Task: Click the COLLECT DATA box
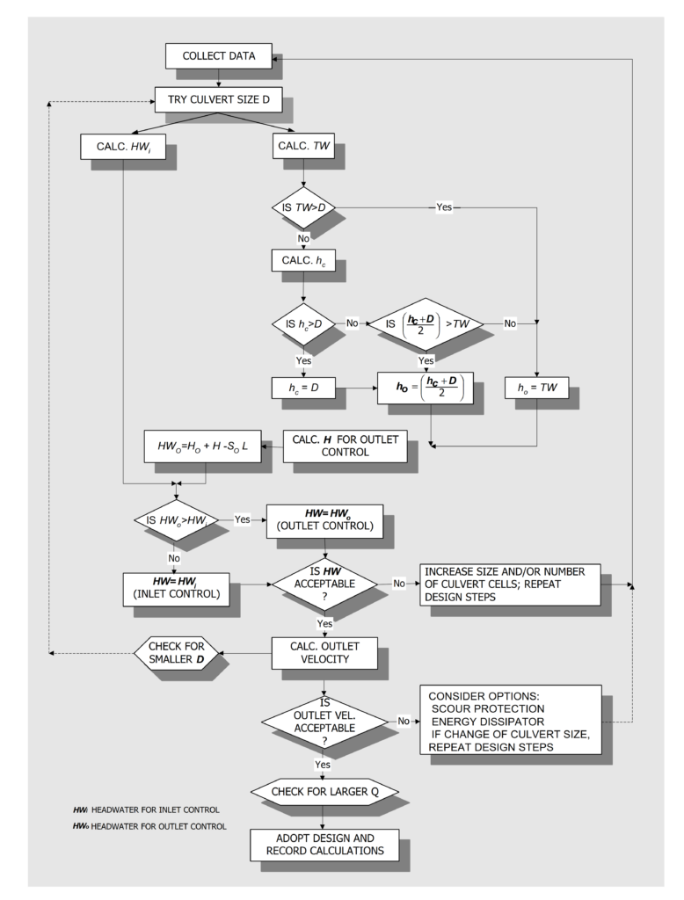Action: pyautogui.click(x=218, y=57)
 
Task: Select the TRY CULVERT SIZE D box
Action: pyautogui.click(x=218, y=101)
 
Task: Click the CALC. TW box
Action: pyautogui.click(x=303, y=145)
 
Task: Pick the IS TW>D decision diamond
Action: pyautogui.click(x=303, y=209)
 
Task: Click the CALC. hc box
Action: pyautogui.click(x=303, y=261)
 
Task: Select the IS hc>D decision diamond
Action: pyautogui.click(x=303, y=323)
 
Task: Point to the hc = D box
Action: pyautogui.click(x=303, y=385)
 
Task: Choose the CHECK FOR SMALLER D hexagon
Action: pyautogui.click(x=176, y=653)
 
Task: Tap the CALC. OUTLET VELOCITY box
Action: pyautogui.click(x=325, y=653)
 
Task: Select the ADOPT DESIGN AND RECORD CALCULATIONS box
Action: pyautogui.click(x=325, y=845)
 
